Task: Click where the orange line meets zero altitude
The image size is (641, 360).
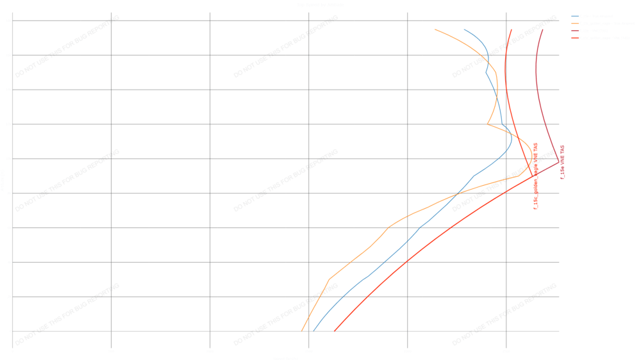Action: [x=301, y=331]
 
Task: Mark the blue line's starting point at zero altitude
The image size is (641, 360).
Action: [x=313, y=331]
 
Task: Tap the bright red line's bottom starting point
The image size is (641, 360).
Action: [x=335, y=331]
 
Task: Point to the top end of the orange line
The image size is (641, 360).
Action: [x=435, y=29]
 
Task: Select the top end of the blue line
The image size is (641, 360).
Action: [x=464, y=29]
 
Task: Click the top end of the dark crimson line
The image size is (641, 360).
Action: [x=542, y=29]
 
